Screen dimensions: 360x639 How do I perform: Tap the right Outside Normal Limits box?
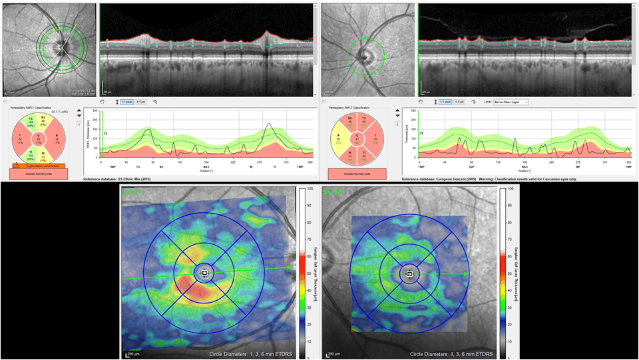tap(359, 174)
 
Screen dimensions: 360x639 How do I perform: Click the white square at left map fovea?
tap(204, 273)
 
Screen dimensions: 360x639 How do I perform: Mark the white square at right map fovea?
tap(410, 273)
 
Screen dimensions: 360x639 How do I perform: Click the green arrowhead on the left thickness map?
tap(290, 268)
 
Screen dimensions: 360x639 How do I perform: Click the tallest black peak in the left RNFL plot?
tap(269, 124)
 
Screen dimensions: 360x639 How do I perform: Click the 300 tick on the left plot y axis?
tap(95, 111)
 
